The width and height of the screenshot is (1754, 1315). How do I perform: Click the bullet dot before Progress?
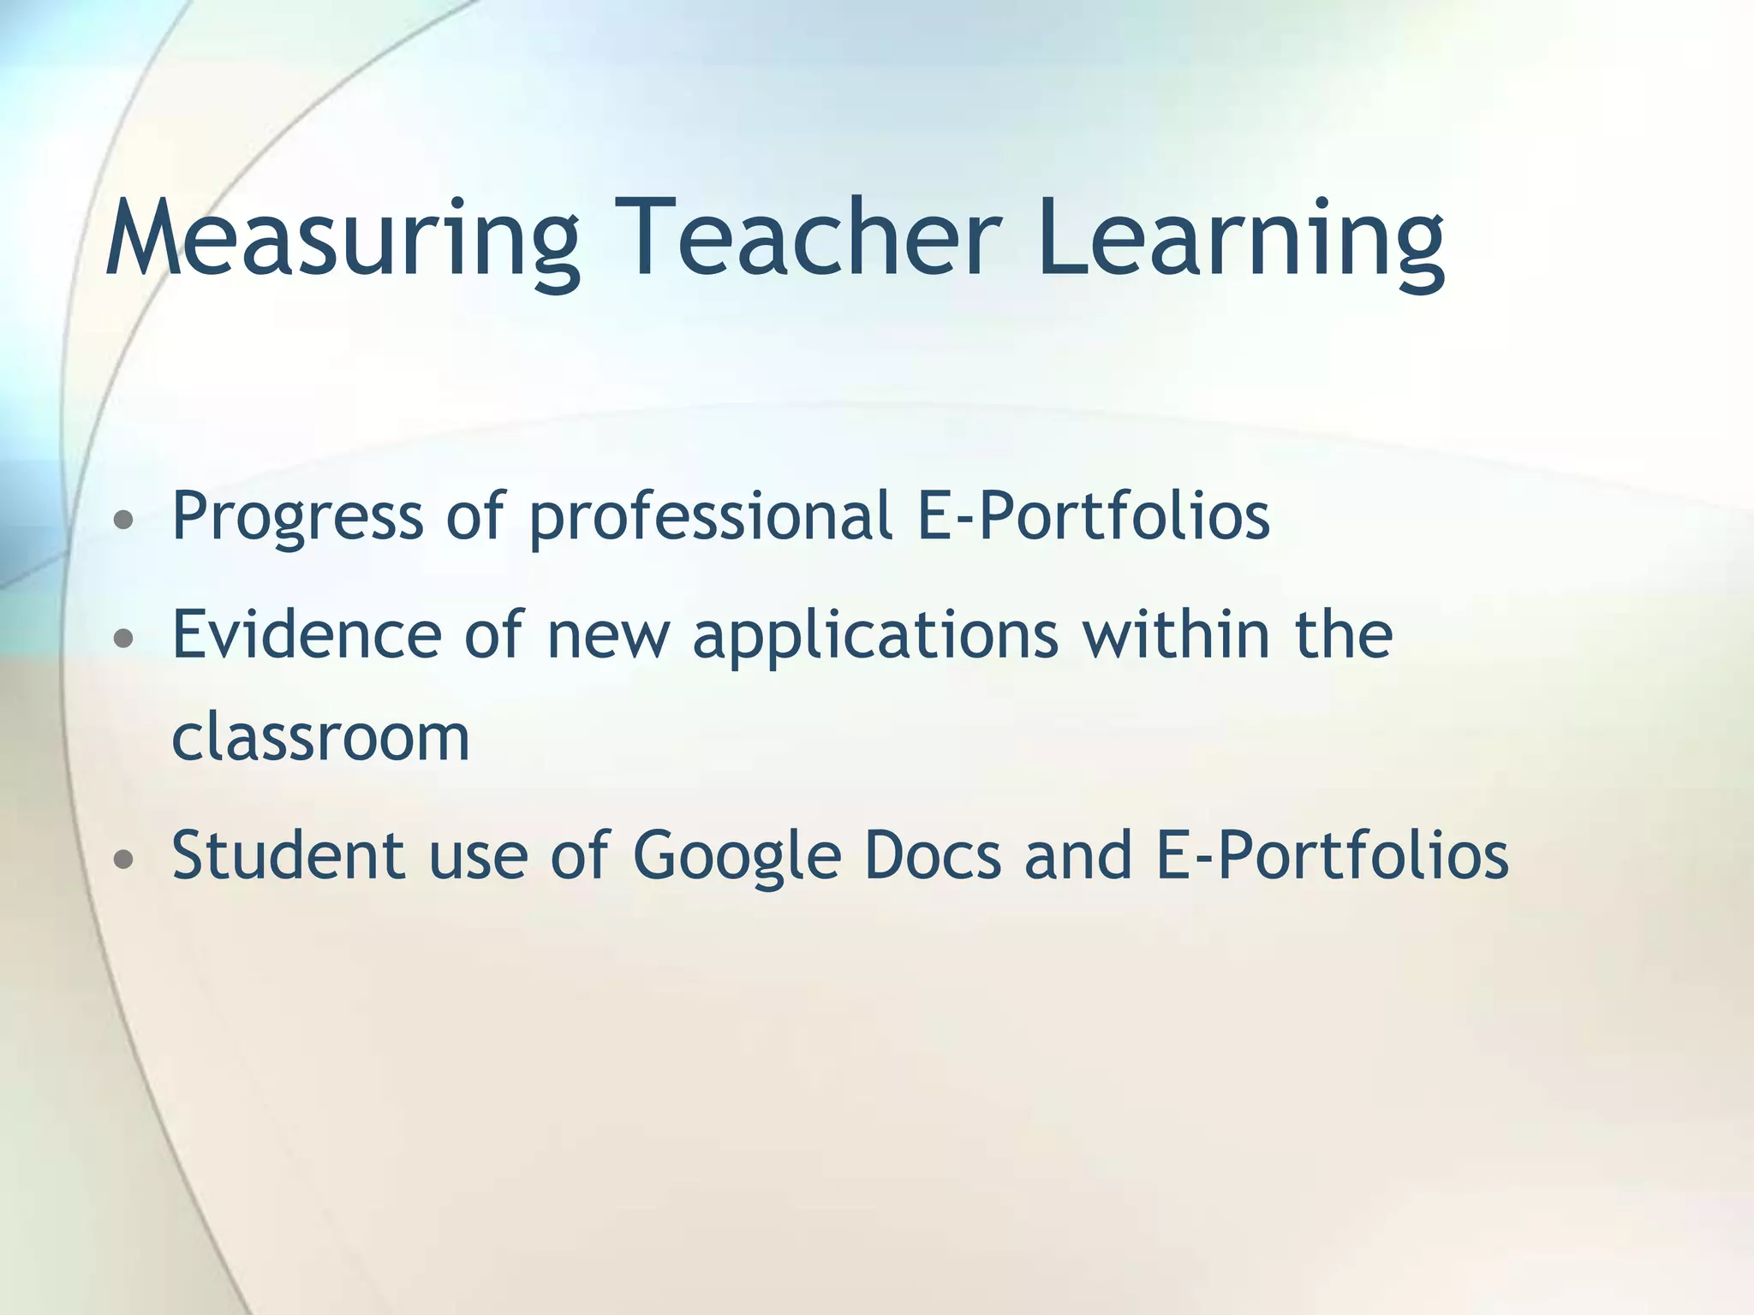[124, 519]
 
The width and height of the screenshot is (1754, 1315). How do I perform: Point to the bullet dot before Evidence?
[124, 637]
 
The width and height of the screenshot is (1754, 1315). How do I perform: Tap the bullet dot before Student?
[124, 858]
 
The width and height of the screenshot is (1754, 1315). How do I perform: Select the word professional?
[711, 516]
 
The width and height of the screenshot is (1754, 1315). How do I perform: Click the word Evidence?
[307, 634]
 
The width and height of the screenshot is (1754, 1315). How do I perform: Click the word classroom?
[321, 736]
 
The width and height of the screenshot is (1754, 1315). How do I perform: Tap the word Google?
[737, 855]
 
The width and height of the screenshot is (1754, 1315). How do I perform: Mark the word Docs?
[933, 855]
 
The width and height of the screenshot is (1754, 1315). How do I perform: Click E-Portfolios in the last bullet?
[1332, 855]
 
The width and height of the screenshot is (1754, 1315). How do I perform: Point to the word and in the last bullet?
[1078, 855]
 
